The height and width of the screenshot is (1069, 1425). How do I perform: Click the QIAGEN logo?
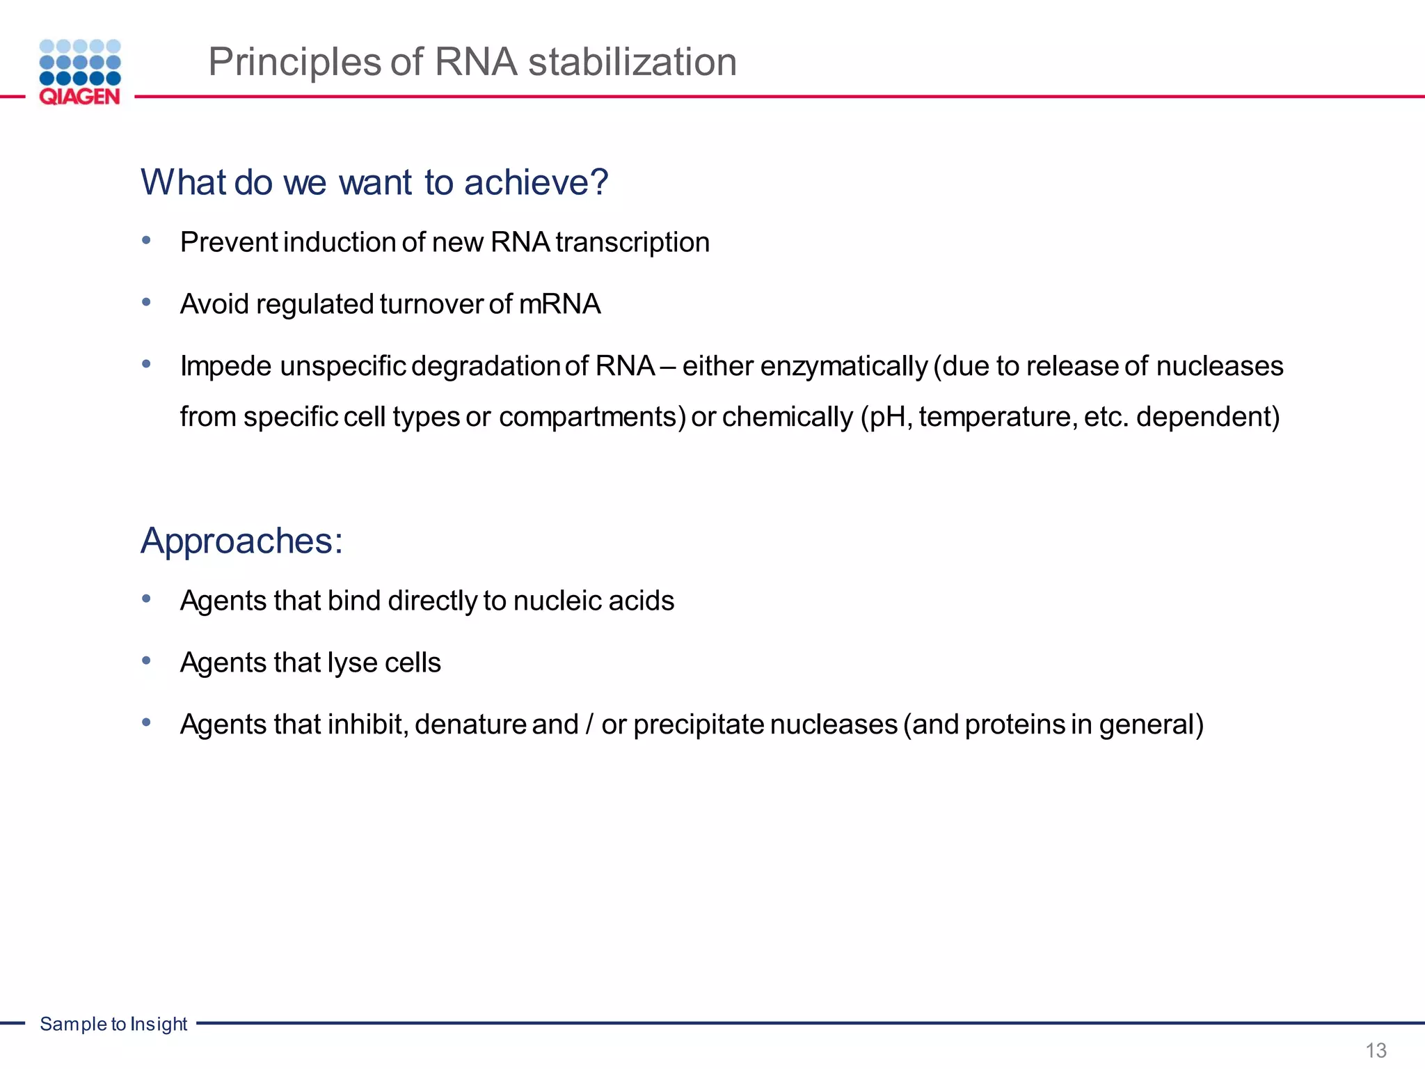[x=80, y=72]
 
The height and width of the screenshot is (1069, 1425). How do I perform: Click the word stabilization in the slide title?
[x=632, y=62]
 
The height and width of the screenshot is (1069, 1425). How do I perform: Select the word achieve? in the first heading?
[x=536, y=182]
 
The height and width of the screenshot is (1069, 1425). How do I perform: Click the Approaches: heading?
[x=242, y=541]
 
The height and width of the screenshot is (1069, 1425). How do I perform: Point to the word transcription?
[x=632, y=243]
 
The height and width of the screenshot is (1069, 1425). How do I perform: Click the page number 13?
[x=1376, y=1050]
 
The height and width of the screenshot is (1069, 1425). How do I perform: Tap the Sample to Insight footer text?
[x=113, y=1024]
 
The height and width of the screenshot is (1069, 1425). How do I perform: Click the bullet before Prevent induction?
[x=146, y=241]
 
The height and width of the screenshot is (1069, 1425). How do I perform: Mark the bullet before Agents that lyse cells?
[x=146, y=660]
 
